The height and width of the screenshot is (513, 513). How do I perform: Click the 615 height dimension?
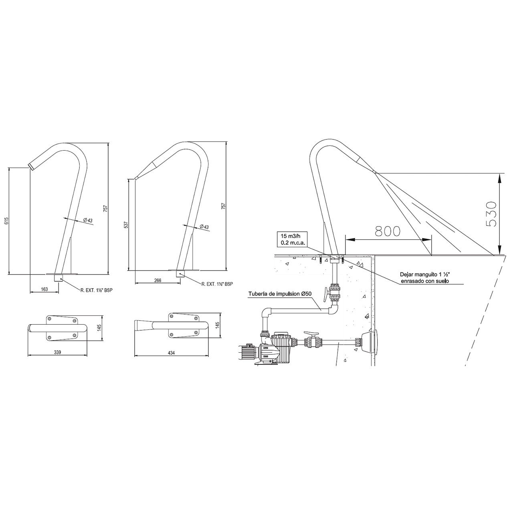coord(7,221)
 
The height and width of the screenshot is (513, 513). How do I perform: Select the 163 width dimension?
coord(44,289)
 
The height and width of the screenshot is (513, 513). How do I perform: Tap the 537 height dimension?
coord(126,225)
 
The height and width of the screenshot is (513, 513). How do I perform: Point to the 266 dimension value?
coord(158,280)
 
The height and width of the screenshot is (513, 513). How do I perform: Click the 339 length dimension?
coord(57,352)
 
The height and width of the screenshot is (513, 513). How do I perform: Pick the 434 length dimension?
coord(171,353)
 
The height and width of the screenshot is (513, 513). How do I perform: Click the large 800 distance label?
coord(387,231)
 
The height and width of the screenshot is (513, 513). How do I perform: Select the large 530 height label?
coord(491,214)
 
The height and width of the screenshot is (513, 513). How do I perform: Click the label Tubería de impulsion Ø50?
coord(282,294)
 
